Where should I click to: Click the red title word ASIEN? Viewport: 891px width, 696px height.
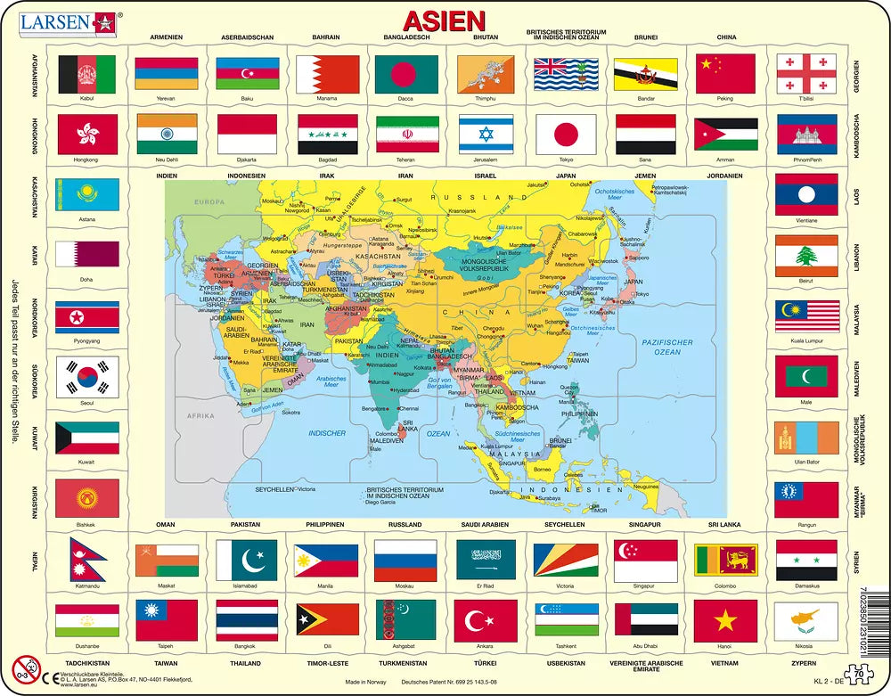point(445,20)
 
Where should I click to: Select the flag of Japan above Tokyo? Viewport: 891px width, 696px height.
point(567,133)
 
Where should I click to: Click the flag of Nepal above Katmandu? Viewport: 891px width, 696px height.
point(87,560)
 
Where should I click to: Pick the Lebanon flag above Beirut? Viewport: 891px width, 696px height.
point(805,256)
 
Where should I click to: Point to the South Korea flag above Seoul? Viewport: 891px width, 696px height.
point(87,378)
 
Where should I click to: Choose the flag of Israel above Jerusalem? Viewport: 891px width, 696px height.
point(486,133)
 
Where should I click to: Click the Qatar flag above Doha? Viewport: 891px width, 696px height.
point(87,255)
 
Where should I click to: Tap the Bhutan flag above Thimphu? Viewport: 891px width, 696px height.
point(486,76)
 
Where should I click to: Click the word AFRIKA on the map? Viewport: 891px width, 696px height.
point(200,415)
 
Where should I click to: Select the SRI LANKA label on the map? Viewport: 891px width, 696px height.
point(411,425)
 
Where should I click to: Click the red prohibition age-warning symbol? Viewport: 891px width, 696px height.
point(25,668)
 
